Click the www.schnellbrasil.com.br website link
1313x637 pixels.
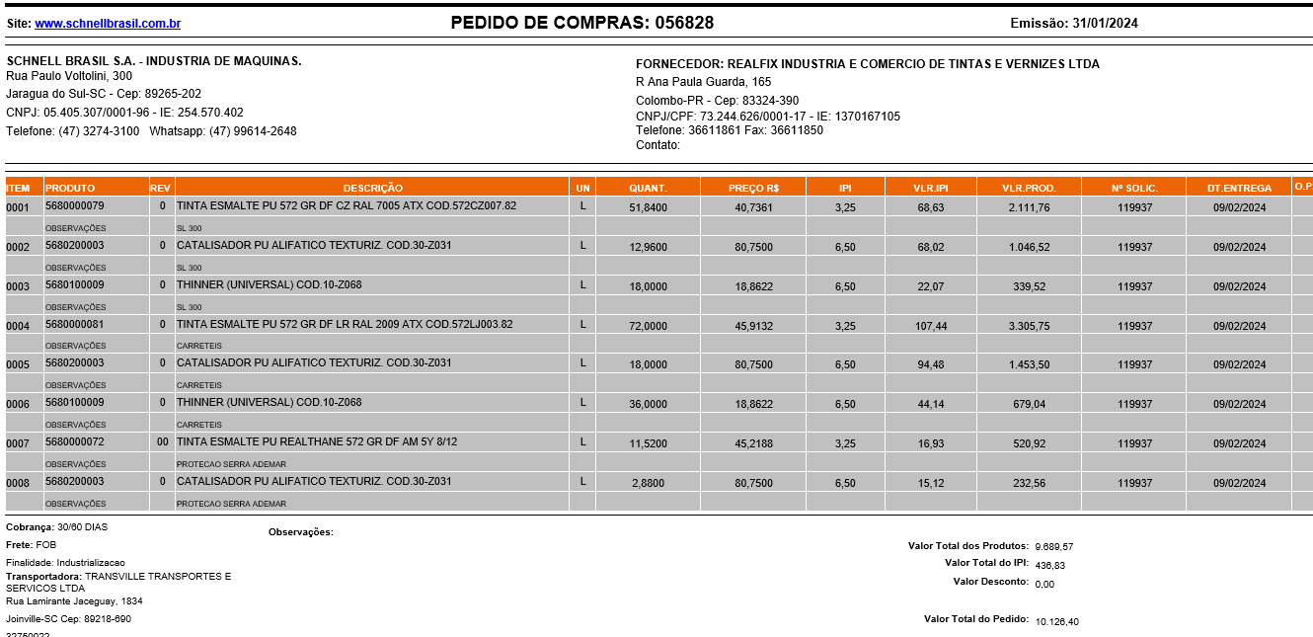(108, 24)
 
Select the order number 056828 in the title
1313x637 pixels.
(681, 23)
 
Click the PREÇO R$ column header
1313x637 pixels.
(753, 188)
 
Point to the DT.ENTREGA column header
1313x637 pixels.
(1239, 188)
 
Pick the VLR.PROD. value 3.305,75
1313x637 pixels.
(1029, 326)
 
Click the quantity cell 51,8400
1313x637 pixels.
(648, 207)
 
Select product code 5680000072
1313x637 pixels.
(75, 442)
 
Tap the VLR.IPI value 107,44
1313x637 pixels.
(930, 326)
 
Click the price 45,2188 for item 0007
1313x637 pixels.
(753, 444)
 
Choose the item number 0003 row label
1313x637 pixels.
(18, 286)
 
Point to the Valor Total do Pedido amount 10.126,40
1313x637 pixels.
(1057, 622)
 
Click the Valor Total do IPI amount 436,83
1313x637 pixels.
(1050, 566)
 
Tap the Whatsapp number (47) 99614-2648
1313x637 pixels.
(253, 131)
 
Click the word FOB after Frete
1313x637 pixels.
(46, 545)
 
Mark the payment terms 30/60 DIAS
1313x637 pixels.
(83, 527)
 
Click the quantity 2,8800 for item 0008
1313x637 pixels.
(650, 484)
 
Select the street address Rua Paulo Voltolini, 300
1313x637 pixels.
(69, 76)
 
